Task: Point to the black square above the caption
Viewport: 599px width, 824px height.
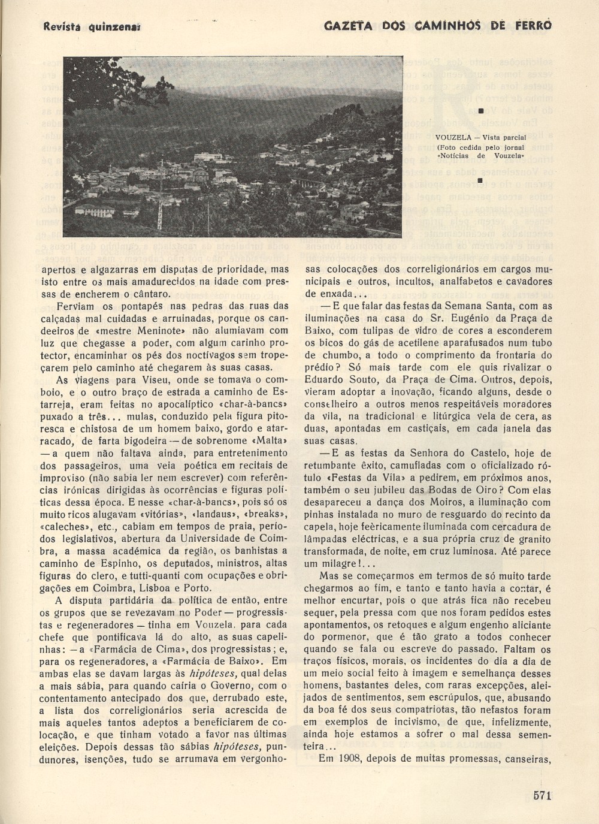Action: coord(480,110)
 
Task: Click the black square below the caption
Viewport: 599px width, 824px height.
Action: coord(480,179)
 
